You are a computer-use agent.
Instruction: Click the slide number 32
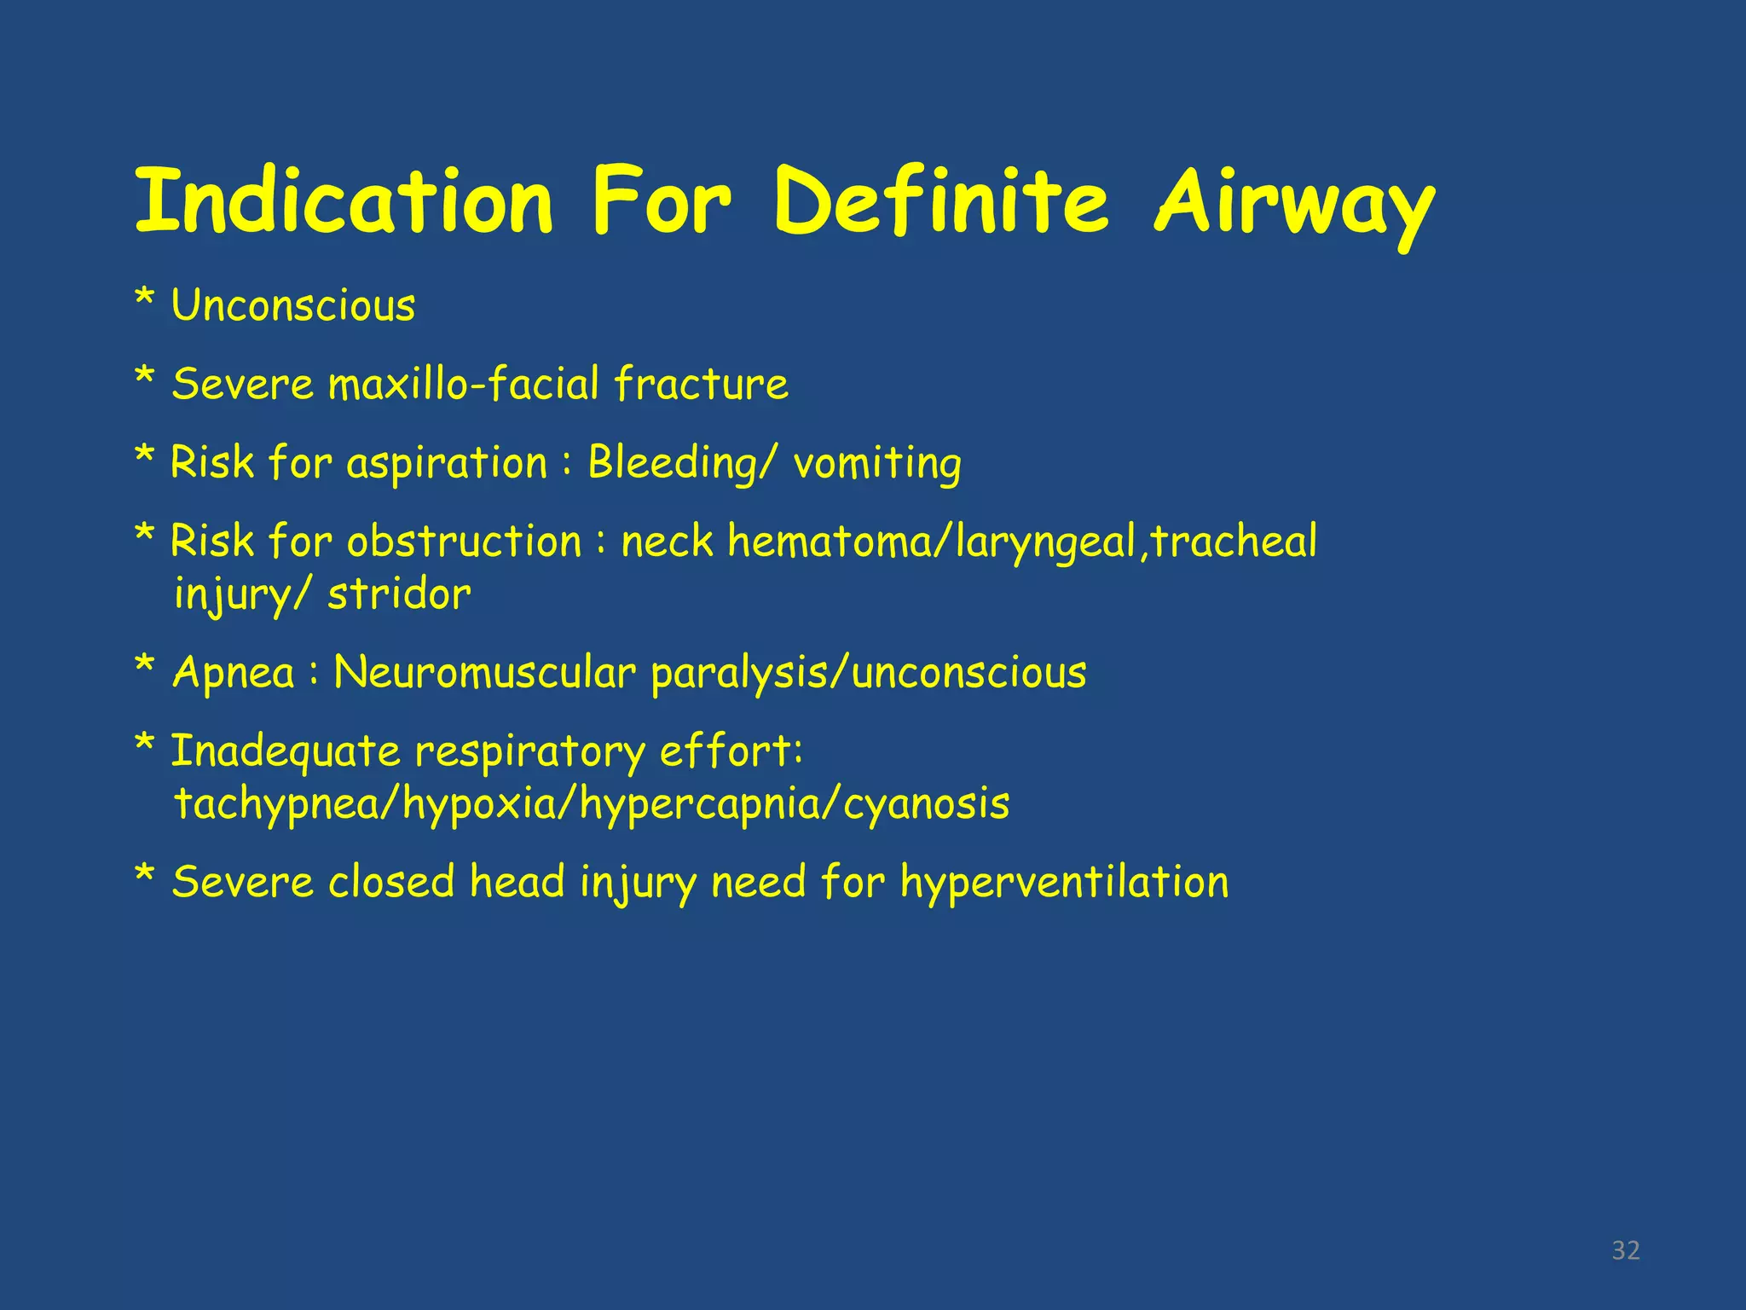tap(1626, 1250)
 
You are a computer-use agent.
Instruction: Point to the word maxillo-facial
tap(464, 384)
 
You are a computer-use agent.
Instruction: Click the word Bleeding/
tap(682, 464)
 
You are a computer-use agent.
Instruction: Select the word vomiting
tap(877, 464)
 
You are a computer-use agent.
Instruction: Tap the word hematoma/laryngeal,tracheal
tap(1021, 542)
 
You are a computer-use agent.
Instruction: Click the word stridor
tap(399, 594)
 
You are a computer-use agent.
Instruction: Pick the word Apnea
tap(234, 673)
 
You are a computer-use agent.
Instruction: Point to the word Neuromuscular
tap(484, 673)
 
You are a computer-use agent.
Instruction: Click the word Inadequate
tap(286, 751)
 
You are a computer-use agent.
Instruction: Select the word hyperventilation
tap(1064, 882)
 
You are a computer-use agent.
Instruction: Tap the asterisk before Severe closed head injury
tap(145, 876)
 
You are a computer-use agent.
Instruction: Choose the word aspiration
tap(447, 464)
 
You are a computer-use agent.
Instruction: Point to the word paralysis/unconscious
tap(868, 673)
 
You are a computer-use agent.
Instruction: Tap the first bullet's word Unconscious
tap(293, 305)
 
